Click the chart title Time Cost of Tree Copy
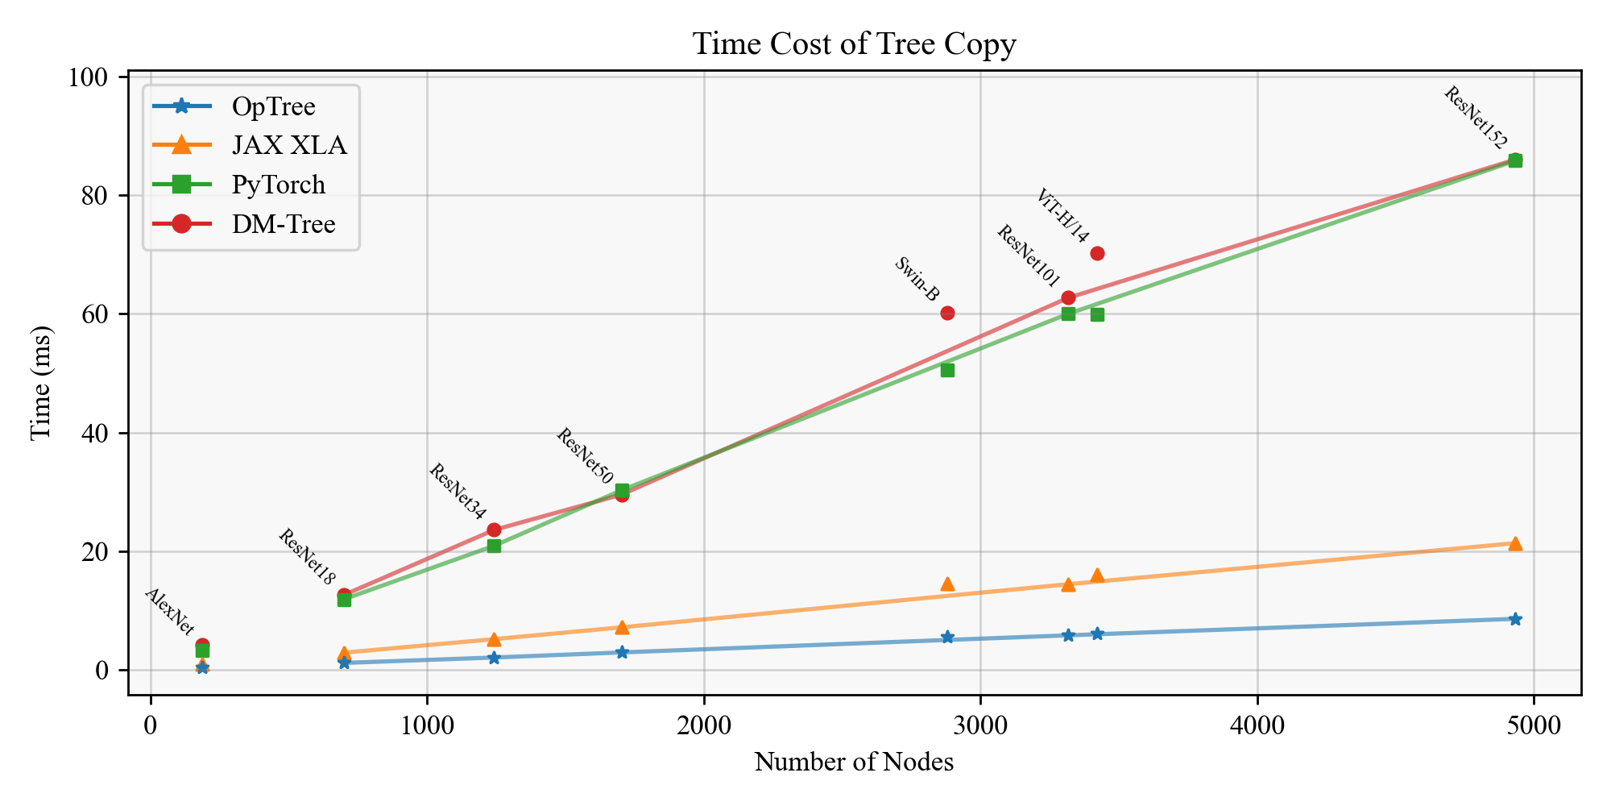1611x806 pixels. [x=854, y=44]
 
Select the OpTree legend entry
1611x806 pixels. [x=273, y=106]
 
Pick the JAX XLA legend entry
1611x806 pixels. [x=289, y=145]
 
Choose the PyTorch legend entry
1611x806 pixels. [x=279, y=185]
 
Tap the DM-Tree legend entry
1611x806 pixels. [x=284, y=224]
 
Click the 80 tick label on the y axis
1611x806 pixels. [x=94, y=196]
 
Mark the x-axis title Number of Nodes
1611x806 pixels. [x=854, y=762]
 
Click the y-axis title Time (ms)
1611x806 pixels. [x=40, y=383]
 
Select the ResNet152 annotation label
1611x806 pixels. [x=1474, y=118]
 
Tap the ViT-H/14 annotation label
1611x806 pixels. [x=1062, y=216]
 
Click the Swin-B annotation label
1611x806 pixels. [x=917, y=279]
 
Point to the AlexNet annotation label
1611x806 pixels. [x=169, y=612]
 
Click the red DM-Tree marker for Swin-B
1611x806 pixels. [x=947, y=313]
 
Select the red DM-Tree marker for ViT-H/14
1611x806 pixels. [x=1097, y=253]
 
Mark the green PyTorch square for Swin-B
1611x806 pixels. [x=947, y=370]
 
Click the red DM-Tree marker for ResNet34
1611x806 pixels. [x=494, y=530]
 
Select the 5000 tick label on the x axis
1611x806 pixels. [x=1534, y=726]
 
